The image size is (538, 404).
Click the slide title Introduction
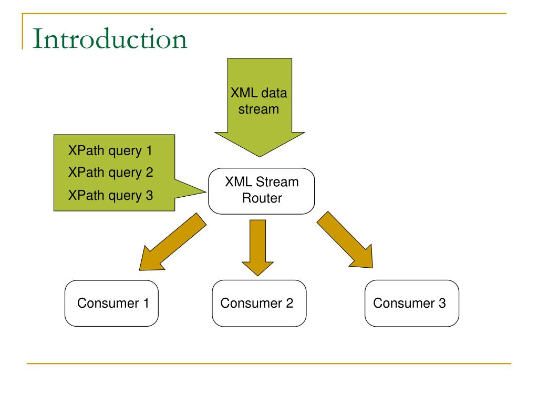click(x=110, y=38)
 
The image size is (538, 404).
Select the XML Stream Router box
click(x=262, y=191)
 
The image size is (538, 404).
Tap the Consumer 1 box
click(x=111, y=304)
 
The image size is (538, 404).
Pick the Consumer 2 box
click(x=259, y=304)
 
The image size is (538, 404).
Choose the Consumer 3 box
click(x=412, y=304)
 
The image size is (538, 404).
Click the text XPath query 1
click(x=110, y=151)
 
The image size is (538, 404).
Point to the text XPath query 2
click(x=110, y=173)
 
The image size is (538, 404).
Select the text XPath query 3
click(x=110, y=196)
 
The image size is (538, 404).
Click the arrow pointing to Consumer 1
click(x=173, y=242)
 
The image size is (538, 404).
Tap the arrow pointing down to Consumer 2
click(x=257, y=248)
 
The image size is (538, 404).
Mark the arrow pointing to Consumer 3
click(x=345, y=240)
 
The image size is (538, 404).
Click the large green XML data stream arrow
click(x=260, y=107)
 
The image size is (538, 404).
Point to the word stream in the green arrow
click(x=258, y=109)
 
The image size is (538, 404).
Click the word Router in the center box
click(x=262, y=198)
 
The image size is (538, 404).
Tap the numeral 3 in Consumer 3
click(x=442, y=304)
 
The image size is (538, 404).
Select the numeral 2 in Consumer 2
click(x=289, y=304)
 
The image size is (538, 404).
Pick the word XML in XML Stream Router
click(x=239, y=181)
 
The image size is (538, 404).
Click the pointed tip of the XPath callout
click(x=206, y=191)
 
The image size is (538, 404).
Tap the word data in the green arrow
click(x=273, y=93)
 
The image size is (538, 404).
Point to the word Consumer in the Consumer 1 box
click(x=108, y=304)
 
